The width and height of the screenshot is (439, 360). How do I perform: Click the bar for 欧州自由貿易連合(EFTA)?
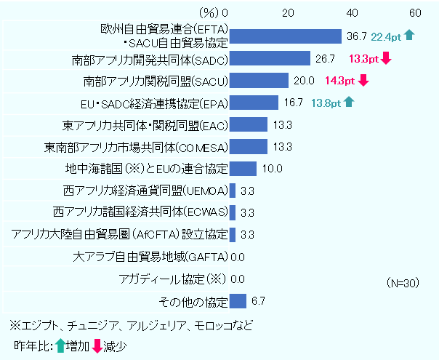(x=285, y=36)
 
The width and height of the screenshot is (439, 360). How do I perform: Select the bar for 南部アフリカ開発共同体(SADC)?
(x=269, y=59)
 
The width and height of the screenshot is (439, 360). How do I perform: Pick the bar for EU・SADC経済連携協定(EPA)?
(x=254, y=103)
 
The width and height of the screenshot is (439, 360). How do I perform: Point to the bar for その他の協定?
(x=238, y=301)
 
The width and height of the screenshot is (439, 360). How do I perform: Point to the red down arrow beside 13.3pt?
(x=387, y=59)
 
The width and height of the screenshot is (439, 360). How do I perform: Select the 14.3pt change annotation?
(x=339, y=81)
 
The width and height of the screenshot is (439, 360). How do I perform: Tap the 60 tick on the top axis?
(x=415, y=12)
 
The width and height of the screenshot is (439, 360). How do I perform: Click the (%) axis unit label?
(x=208, y=12)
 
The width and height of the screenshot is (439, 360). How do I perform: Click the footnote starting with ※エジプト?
(x=131, y=324)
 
